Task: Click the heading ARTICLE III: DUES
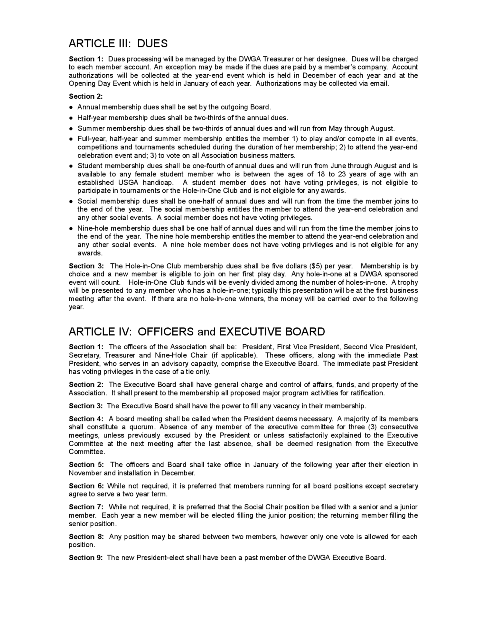coord(118,44)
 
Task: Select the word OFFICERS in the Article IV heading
coord(165,332)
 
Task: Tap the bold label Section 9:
coord(85,558)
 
